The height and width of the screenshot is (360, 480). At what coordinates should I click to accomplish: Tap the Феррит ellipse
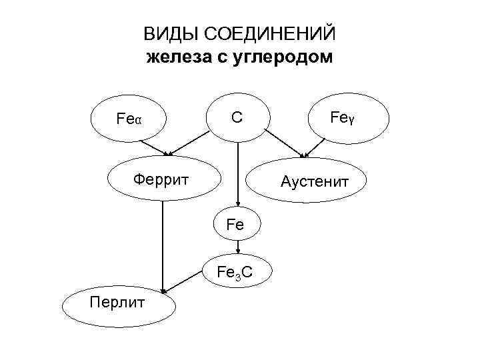(161, 179)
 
